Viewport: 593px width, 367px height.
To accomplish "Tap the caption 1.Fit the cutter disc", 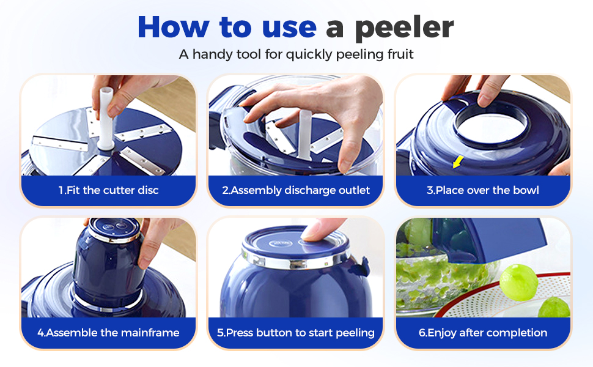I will (x=108, y=190).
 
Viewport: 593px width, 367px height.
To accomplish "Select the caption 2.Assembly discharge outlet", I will (x=296, y=190).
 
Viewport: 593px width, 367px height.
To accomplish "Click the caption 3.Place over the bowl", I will (x=483, y=190).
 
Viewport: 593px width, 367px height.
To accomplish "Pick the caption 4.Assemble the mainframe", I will (x=108, y=333).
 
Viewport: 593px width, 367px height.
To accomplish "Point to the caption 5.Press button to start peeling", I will (x=296, y=333).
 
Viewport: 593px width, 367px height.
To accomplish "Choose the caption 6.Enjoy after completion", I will (x=483, y=333).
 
